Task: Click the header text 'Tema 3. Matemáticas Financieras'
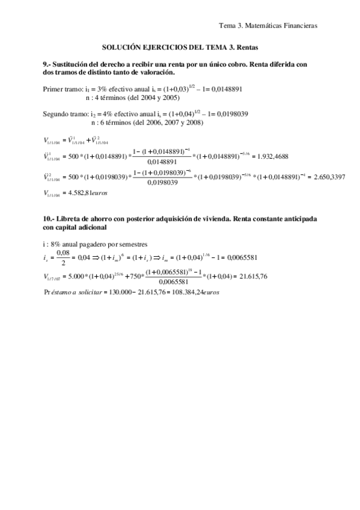pos(268,25)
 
